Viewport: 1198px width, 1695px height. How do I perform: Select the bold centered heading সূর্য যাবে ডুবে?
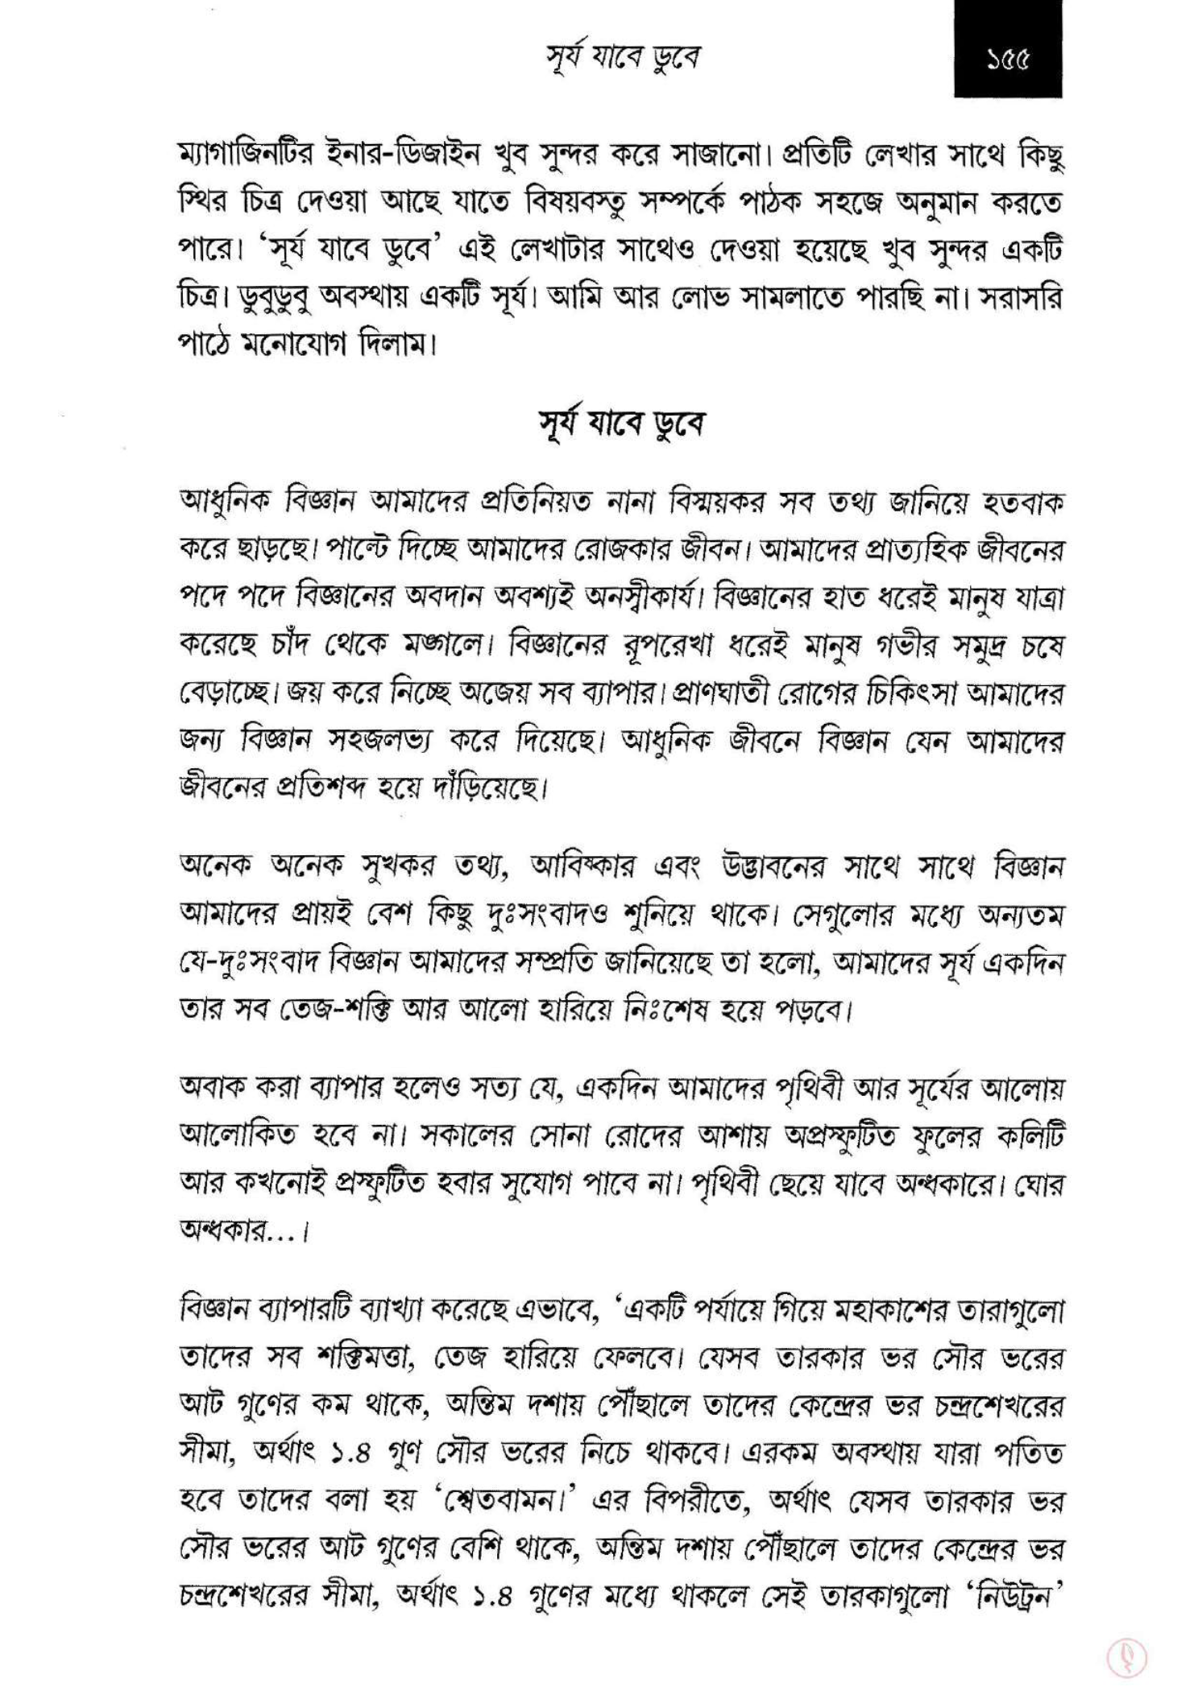point(621,424)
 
